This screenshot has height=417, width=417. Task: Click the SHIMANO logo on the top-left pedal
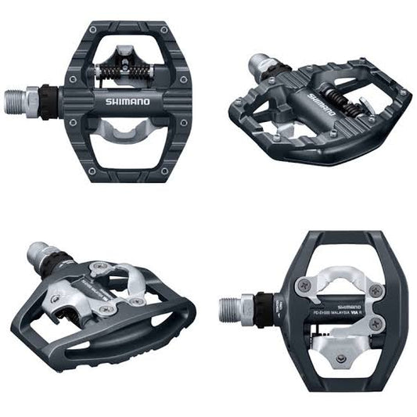pyautogui.click(x=122, y=102)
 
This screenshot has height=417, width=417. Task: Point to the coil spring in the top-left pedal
pyautogui.click(x=123, y=71)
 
